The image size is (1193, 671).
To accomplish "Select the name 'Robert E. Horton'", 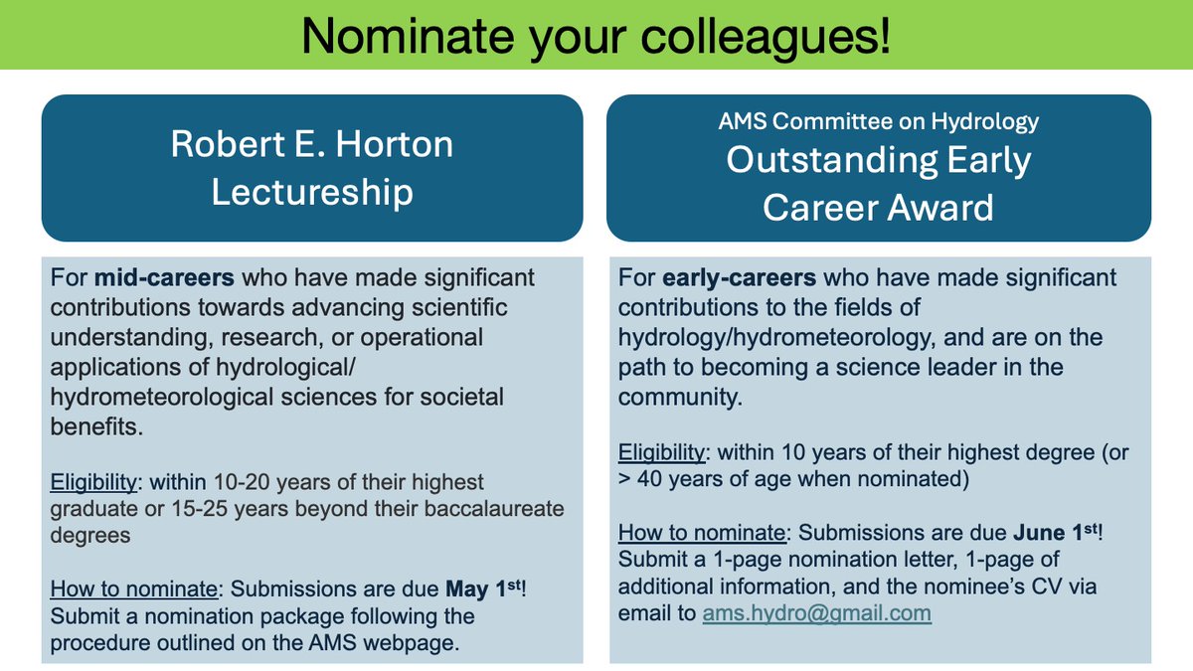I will pos(311,144).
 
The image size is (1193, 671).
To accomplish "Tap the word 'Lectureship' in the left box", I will pos(311,191).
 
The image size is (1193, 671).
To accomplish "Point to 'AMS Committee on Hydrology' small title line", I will pos(879,121).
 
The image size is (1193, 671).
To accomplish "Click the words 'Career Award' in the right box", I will pos(879,207).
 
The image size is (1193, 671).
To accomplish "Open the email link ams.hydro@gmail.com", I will pos(816,612).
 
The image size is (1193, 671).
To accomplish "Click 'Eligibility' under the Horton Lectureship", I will pos(92,482).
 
